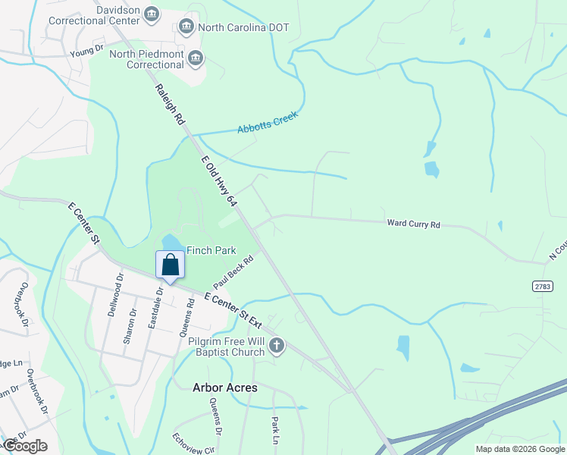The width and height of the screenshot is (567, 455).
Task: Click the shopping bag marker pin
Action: coord(170,265)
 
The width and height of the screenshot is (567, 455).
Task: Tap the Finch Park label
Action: coord(212,250)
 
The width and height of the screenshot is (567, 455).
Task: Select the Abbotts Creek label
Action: coord(268,123)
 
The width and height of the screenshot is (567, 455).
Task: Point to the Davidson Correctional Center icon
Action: coord(152,14)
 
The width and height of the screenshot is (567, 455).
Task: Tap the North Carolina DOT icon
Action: coord(186,28)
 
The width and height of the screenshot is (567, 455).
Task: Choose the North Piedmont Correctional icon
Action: coord(196,58)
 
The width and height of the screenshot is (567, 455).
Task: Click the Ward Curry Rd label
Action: coord(413,224)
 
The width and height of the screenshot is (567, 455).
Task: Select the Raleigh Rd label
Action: coord(171,105)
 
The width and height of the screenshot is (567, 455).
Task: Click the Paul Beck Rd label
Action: coord(233,271)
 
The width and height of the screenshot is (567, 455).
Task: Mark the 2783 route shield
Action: coord(542,286)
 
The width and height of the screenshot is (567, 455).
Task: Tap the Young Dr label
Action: coord(86,50)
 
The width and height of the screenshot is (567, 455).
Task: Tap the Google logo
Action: coord(25,446)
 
